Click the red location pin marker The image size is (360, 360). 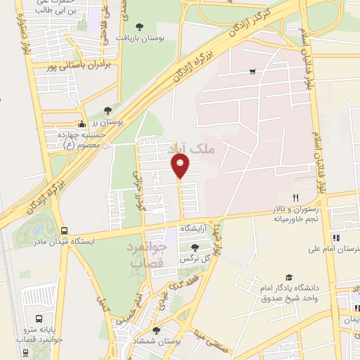[x=181, y=166]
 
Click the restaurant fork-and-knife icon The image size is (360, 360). [x=296, y=198]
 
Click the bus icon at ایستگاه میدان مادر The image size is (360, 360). [x=65, y=230]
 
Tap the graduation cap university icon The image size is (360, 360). [x=289, y=279]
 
